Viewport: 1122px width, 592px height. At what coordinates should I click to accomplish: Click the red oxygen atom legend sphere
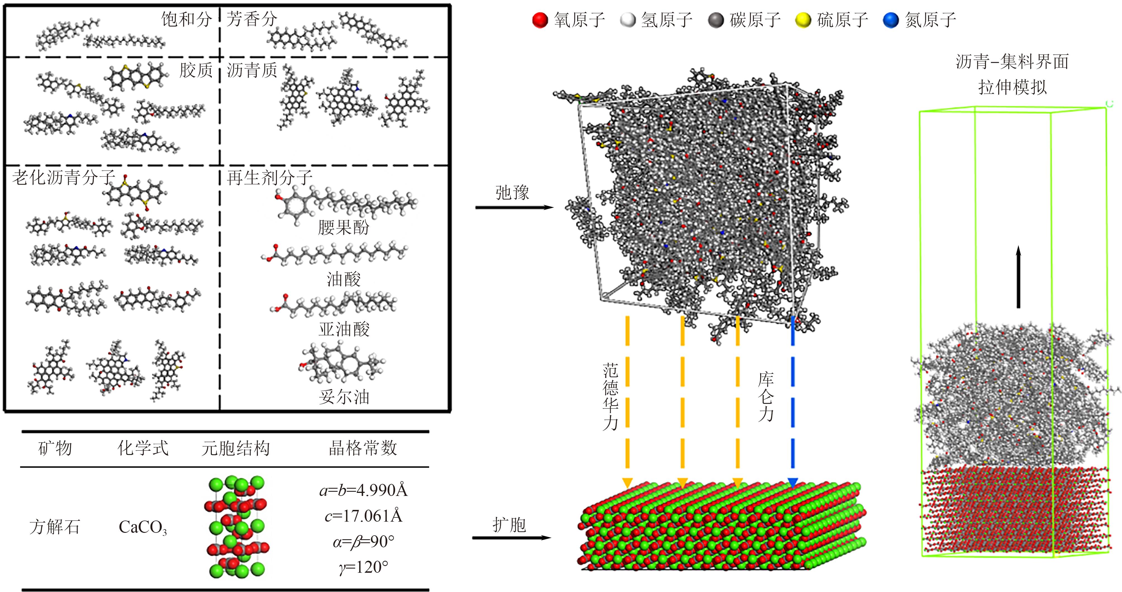[x=540, y=20]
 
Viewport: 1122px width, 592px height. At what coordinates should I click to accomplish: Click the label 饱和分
[x=186, y=20]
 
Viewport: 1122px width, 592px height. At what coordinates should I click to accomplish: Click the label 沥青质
[x=252, y=70]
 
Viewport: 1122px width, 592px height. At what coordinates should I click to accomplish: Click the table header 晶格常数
[x=363, y=448]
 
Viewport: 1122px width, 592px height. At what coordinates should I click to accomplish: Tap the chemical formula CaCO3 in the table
[x=142, y=527]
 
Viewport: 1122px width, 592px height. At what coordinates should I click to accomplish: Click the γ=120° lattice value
[x=363, y=567]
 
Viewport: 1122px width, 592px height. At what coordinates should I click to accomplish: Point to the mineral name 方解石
[x=55, y=527]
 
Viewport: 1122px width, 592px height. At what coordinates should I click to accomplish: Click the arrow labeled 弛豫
[x=514, y=207]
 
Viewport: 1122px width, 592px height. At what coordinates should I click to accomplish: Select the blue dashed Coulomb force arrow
[x=793, y=400]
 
